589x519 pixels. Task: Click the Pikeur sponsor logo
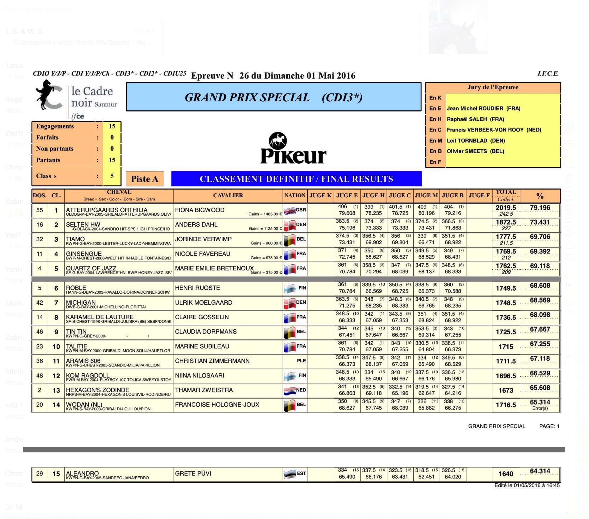click(x=293, y=148)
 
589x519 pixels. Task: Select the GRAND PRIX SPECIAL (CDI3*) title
click(x=274, y=97)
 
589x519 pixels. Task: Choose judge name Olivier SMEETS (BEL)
click(x=475, y=151)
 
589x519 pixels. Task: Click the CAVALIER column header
click(x=228, y=195)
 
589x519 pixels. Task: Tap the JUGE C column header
click(x=400, y=195)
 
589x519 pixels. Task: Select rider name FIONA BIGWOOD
click(x=200, y=210)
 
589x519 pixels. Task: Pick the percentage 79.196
click(x=540, y=208)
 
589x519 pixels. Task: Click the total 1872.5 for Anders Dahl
click(x=506, y=222)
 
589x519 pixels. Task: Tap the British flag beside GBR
click(x=290, y=211)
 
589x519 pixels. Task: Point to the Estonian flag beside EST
click(x=290, y=474)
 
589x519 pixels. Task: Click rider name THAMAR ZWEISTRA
click(x=204, y=390)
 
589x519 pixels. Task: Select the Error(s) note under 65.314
click(x=540, y=408)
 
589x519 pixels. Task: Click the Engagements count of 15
click(x=112, y=126)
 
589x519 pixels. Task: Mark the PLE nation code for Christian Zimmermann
click(x=301, y=361)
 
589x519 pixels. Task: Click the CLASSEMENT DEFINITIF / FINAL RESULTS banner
click(x=296, y=179)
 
